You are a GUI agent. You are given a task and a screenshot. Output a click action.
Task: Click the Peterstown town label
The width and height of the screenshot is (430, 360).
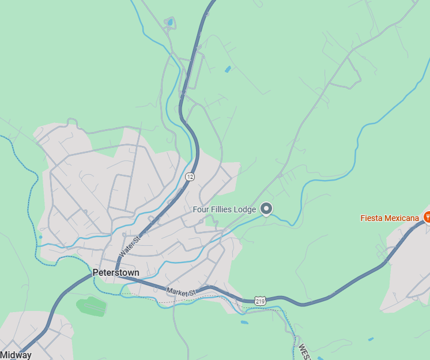116,272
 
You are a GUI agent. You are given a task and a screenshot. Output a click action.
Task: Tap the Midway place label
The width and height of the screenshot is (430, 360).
16,355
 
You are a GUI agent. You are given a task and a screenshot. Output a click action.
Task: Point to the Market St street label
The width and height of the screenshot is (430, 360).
182,292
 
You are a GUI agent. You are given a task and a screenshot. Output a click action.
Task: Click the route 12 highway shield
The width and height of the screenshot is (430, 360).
189,176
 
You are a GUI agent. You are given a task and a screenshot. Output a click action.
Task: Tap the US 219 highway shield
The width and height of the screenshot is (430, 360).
260,301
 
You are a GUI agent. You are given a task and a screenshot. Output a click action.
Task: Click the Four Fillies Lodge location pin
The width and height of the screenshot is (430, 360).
266,208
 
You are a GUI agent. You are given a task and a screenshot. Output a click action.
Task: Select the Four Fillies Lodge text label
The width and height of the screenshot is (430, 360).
224,209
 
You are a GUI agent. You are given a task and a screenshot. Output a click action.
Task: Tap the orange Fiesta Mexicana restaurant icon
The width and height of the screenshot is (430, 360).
428,217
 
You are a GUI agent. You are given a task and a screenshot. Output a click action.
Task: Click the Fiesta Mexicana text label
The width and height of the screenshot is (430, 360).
390,218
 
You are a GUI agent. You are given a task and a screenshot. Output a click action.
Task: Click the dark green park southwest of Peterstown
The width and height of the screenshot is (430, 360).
92,305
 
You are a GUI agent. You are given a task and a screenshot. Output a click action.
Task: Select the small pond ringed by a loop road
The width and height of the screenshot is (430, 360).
169,23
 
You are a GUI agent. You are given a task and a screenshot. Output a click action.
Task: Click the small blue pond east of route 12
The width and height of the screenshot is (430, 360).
228,69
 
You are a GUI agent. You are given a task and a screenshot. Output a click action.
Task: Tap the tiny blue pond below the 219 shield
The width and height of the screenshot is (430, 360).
244,322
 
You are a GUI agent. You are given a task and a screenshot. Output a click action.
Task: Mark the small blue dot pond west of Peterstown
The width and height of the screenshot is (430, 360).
40,237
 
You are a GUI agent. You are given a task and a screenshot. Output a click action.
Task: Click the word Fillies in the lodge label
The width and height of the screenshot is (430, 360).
225,209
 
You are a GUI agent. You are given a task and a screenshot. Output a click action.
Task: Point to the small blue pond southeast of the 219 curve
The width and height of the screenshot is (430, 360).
370,339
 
